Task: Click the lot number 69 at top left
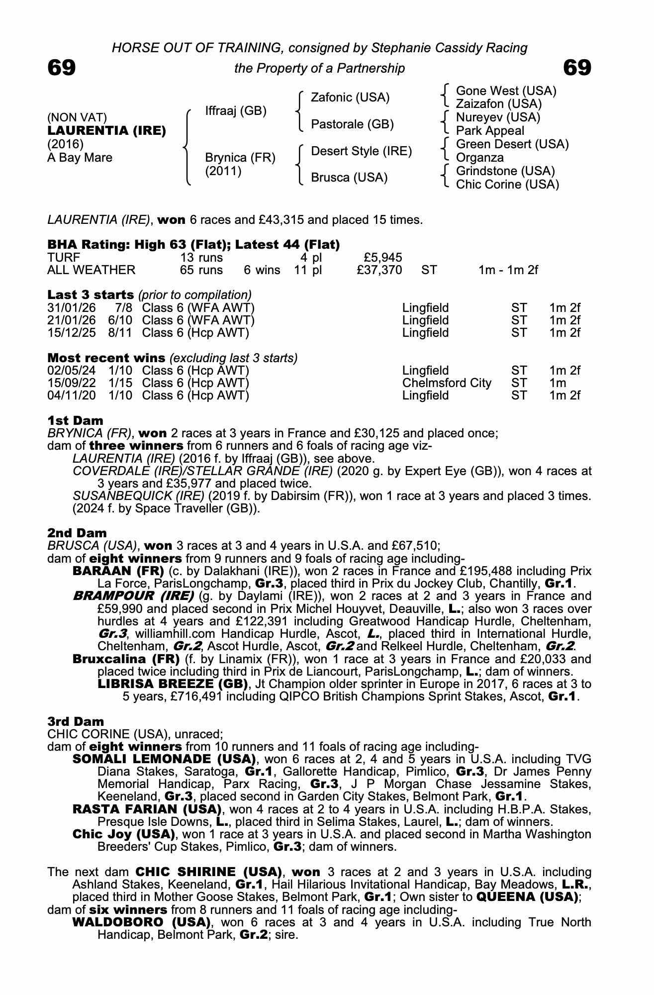click(61, 68)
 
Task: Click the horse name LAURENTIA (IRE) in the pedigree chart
click(106, 131)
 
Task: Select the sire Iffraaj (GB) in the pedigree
click(236, 110)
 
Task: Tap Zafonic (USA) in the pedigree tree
click(350, 97)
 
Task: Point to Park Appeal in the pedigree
click(490, 131)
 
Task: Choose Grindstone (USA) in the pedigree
click(505, 171)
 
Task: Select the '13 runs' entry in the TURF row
click(201, 258)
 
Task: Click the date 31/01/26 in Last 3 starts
click(71, 308)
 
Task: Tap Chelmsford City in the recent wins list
click(446, 383)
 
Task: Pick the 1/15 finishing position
click(120, 383)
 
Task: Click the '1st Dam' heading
click(75, 420)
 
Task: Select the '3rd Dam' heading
click(76, 721)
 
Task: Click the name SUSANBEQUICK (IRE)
click(138, 496)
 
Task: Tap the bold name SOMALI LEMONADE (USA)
click(164, 759)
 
